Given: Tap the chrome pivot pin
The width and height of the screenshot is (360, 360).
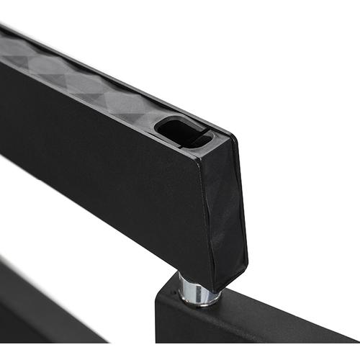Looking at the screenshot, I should tap(194, 290).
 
